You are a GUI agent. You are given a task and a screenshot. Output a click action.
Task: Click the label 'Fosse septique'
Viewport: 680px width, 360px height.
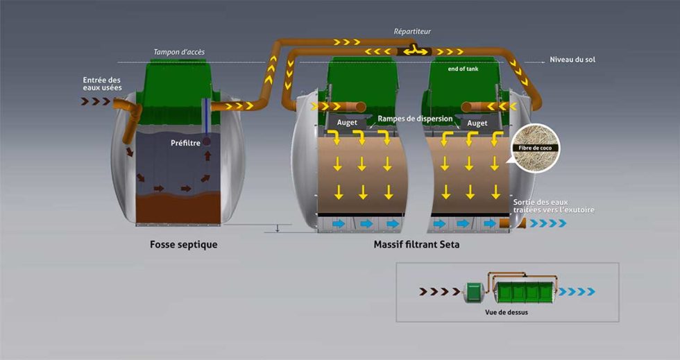click(183, 245)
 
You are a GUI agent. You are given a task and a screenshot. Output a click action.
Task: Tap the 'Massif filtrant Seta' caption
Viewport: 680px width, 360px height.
click(416, 245)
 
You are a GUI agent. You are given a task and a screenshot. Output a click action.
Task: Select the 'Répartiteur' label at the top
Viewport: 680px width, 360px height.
click(412, 32)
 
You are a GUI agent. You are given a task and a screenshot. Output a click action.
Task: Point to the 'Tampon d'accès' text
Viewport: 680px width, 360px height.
click(179, 52)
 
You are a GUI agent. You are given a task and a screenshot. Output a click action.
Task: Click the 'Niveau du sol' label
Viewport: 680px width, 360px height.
click(572, 60)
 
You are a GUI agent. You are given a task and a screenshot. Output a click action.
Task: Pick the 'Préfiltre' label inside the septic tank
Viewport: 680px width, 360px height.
click(185, 143)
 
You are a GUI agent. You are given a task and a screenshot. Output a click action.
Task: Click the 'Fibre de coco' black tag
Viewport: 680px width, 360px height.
click(535, 148)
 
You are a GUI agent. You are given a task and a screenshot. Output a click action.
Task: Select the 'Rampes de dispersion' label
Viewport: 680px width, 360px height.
click(415, 119)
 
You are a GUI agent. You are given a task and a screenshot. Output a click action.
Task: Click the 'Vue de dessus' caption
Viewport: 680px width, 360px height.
click(506, 312)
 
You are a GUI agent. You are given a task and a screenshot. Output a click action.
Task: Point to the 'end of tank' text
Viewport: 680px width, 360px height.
click(464, 69)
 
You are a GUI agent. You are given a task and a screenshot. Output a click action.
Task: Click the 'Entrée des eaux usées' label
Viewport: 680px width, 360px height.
click(102, 84)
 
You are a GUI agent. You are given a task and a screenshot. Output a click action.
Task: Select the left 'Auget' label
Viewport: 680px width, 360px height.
click(347, 123)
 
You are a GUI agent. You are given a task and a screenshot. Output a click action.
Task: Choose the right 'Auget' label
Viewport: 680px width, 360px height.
click(477, 123)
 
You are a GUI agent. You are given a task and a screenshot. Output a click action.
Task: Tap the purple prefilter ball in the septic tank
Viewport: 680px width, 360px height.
click(206, 142)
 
